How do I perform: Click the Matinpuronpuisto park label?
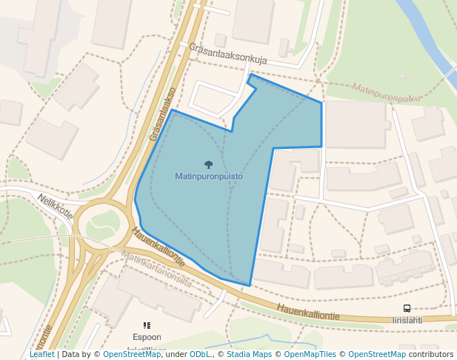209,177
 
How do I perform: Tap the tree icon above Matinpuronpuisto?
209,164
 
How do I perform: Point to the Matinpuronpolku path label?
386,93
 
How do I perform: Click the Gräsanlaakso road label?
162,115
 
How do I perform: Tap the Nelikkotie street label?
56,207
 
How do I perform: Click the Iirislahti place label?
407,320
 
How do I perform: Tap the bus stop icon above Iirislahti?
407,308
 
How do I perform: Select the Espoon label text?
147,337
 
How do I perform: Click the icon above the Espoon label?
147,325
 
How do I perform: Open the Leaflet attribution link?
41,355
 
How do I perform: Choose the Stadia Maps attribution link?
249,355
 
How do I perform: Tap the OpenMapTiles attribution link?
310,355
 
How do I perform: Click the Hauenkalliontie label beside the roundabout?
158,247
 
